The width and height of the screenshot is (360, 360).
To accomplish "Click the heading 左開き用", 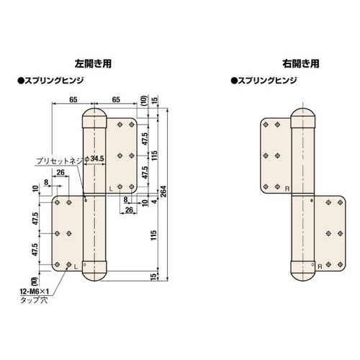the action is click(93, 64).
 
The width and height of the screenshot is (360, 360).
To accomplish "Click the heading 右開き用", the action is click(301, 64).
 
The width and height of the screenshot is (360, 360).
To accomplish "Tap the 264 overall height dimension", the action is click(163, 192).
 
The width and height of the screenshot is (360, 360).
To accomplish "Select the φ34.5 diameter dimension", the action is click(94, 158).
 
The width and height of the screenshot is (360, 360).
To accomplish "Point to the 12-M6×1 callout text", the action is click(35, 292).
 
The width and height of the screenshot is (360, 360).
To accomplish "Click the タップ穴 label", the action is click(34, 300).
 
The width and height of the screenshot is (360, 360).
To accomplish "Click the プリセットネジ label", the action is click(60, 161).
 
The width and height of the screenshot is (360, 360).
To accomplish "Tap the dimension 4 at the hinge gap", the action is click(156, 201).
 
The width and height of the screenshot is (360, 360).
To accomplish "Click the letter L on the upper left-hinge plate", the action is click(111, 189).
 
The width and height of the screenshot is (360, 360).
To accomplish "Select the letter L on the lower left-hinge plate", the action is click(76, 266).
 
